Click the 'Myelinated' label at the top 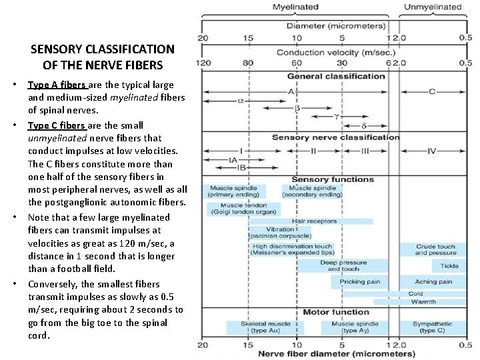coord(295,7)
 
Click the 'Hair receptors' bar coord(314,221)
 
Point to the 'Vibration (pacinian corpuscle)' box coord(280,233)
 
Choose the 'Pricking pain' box coord(360,282)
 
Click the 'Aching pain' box coord(433,282)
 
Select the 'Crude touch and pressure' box coord(435,250)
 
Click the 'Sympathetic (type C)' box coord(432,327)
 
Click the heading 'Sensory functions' coord(333,179)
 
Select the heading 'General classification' coord(336,76)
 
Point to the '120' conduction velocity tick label coord(203,63)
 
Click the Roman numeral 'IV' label coord(431,151)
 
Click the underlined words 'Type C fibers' coord(57,125)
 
